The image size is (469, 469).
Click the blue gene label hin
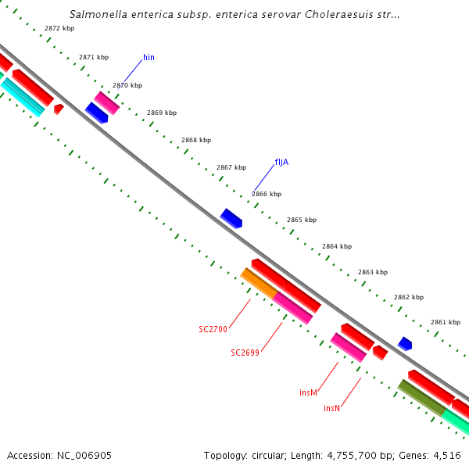pos(149,58)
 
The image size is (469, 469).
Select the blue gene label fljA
pos(282,163)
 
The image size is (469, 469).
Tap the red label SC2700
pos(213,329)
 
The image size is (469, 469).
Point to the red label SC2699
pos(245,353)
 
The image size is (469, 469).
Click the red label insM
pos(308,392)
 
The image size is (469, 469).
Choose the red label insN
pos(331,408)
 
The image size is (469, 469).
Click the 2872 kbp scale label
pos(59,28)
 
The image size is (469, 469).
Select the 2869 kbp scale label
pos(161,113)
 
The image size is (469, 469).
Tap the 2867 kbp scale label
pos(231,167)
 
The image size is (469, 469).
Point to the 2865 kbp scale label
pos(302,220)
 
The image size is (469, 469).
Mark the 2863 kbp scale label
pos(372,272)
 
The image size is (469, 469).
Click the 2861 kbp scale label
pos(445,322)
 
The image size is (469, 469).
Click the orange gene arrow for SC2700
pos(259,282)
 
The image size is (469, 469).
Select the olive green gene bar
pos(421,397)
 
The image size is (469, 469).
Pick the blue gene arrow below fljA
pos(231,218)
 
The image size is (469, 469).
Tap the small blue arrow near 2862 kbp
pos(405,343)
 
